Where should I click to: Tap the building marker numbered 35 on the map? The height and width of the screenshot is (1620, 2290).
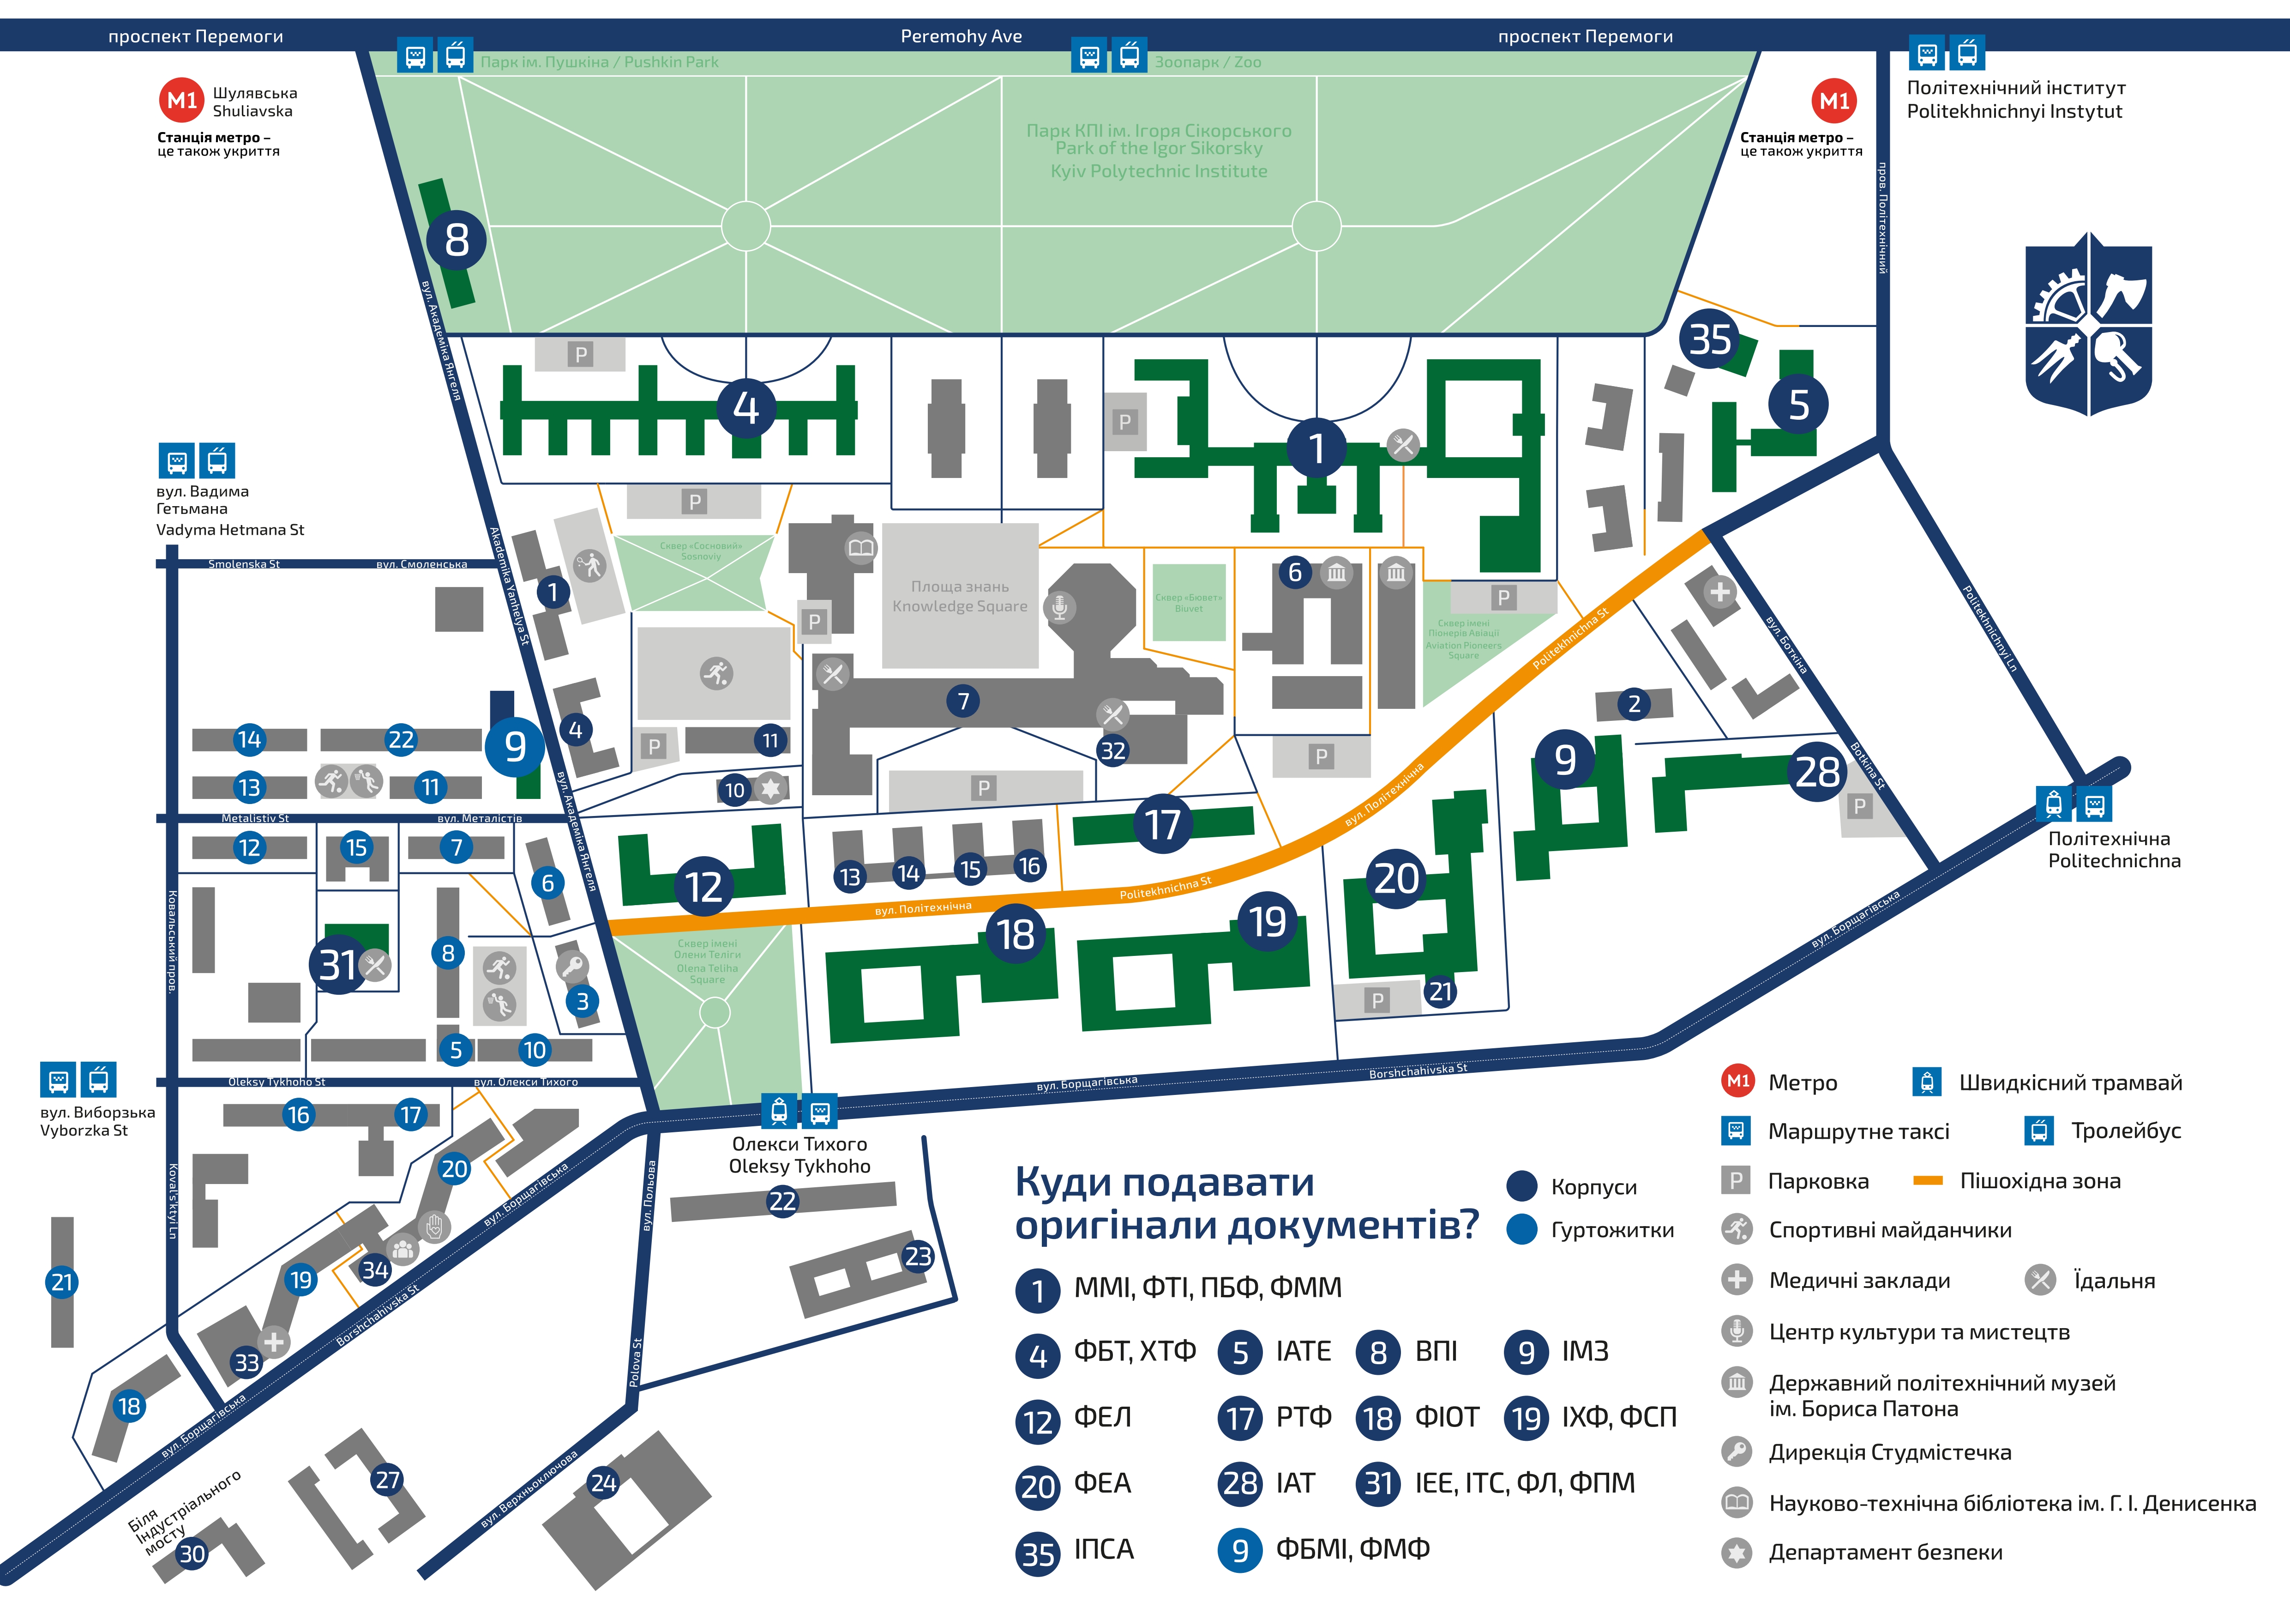tap(1709, 339)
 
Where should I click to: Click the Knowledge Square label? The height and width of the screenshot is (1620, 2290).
tap(960, 597)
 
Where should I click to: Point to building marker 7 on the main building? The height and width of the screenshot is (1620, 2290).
tap(962, 701)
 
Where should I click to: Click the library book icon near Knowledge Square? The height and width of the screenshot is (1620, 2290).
tap(861, 548)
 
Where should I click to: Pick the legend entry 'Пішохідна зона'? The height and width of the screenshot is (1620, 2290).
tap(2040, 1181)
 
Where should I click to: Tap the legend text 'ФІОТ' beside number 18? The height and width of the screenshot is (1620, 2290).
tap(1446, 1416)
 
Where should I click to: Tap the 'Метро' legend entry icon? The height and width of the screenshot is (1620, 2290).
tap(1737, 1082)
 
